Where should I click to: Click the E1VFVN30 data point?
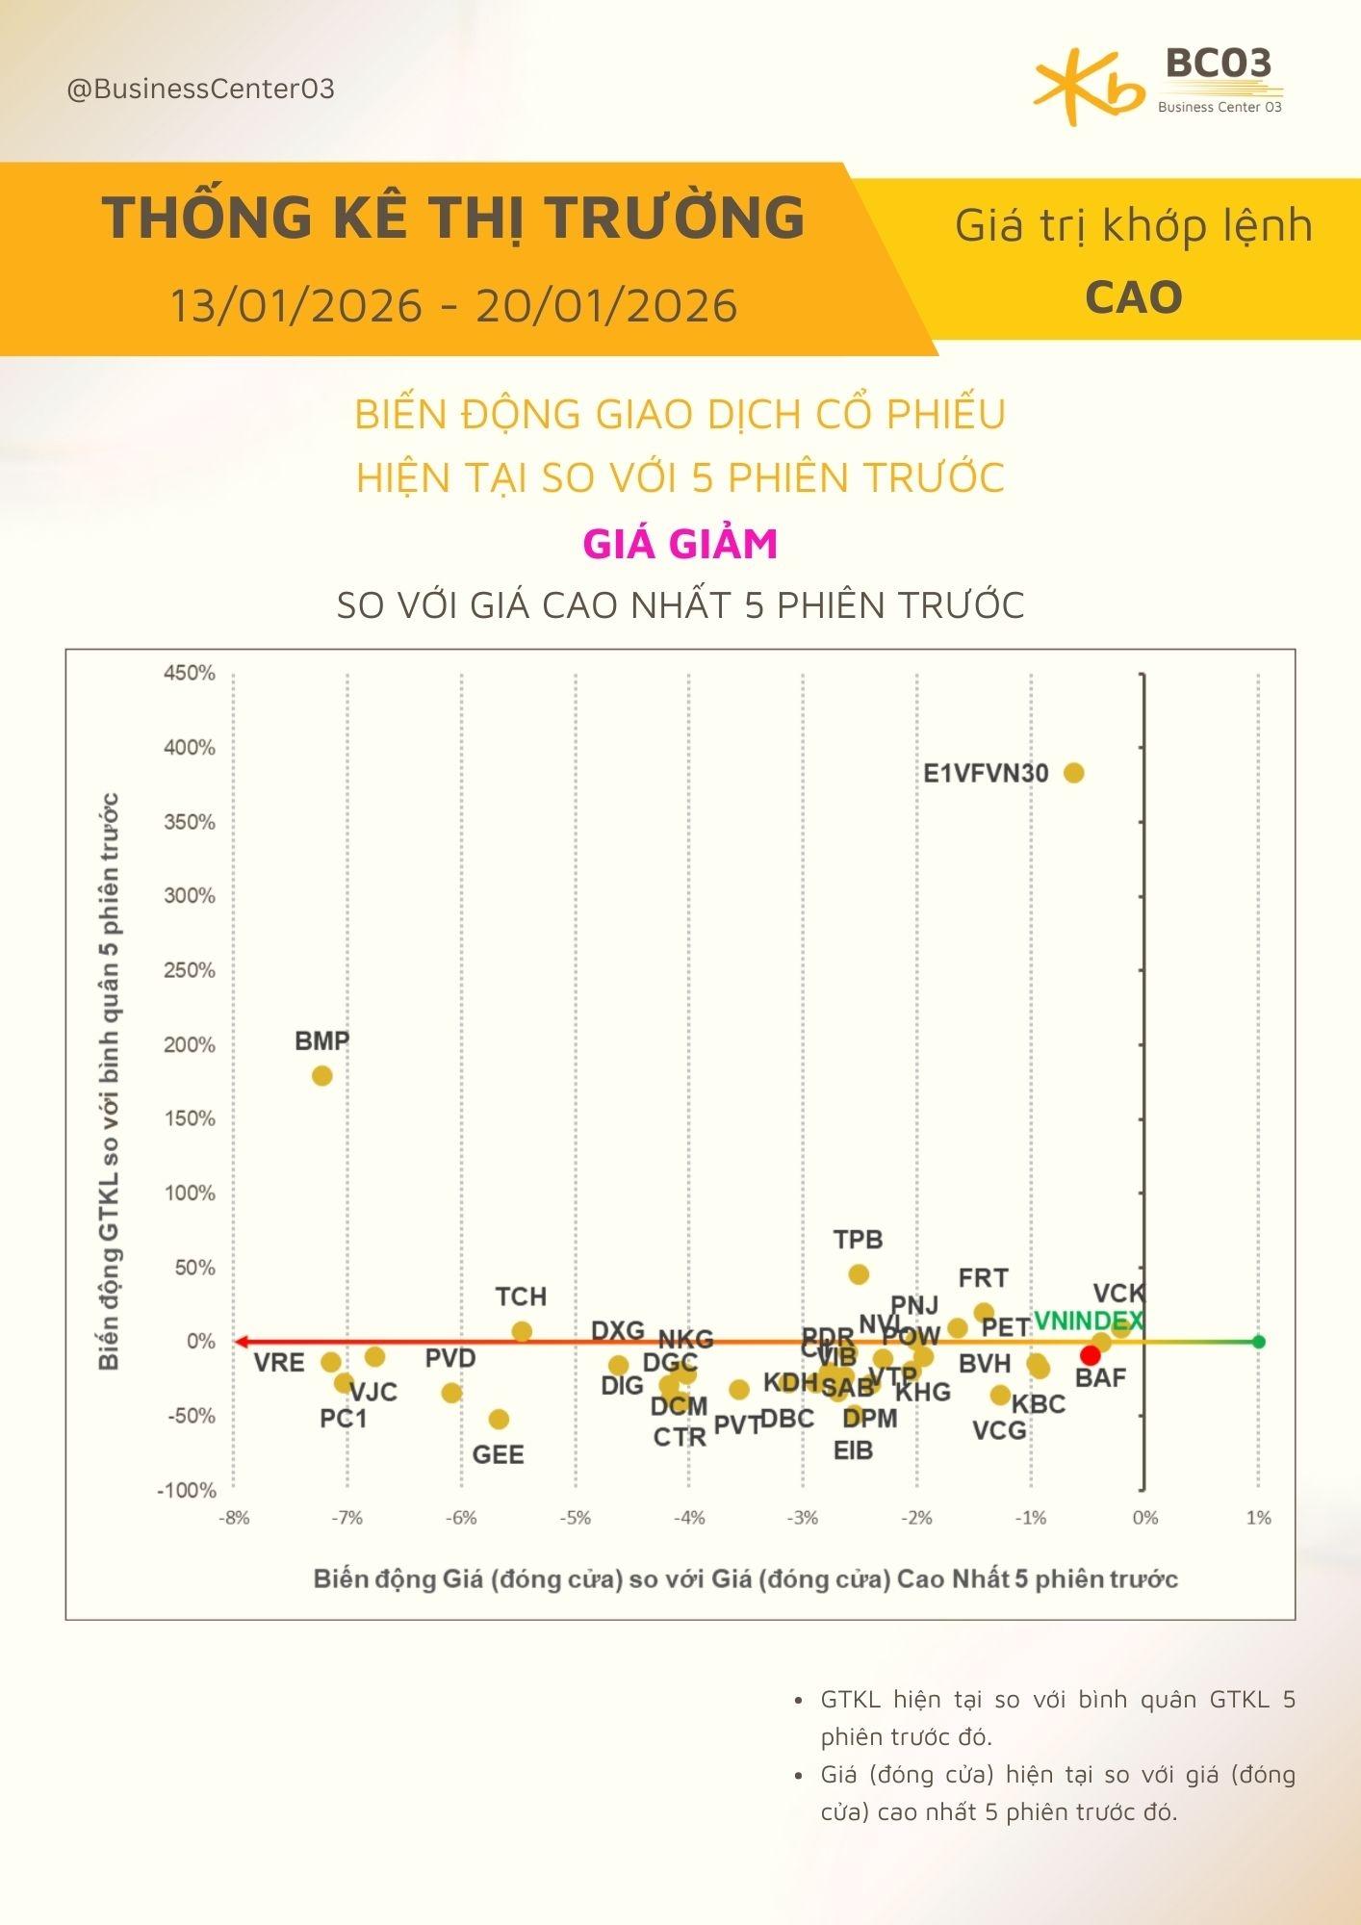point(1074,773)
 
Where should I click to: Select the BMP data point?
point(322,1075)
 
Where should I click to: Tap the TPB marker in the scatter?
point(859,1274)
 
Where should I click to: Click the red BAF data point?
point(1091,1355)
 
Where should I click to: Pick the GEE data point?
point(499,1419)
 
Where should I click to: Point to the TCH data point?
point(522,1332)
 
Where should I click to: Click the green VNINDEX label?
point(1088,1321)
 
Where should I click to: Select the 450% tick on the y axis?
point(190,673)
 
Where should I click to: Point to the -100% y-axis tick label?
point(187,1490)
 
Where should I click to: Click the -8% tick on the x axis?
point(234,1518)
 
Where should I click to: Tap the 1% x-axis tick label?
point(1258,1518)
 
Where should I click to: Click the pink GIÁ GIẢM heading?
point(680,544)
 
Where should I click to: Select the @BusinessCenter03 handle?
point(200,90)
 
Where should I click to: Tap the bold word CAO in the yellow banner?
point(1133,297)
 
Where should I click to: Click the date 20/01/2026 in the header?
point(606,306)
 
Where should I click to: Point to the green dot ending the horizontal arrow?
point(1259,1342)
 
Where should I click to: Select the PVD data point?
point(451,1393)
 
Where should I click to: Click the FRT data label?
point(983,1278)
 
